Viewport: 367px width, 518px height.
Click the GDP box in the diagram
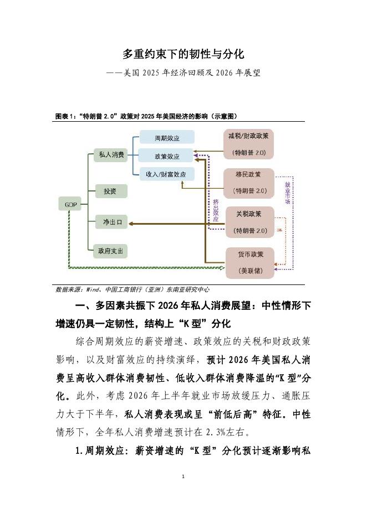click(x=70, y=205)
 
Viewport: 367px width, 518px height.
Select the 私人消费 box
click(x=111, y=155)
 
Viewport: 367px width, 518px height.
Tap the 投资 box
click(x=111, y=191)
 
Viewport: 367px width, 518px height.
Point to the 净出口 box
click(x=111, y=222)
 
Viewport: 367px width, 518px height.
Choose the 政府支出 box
click(x=111, y=251)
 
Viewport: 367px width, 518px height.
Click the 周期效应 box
click(x=166, y=137)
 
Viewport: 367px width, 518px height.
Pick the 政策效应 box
click(x=166, y=156)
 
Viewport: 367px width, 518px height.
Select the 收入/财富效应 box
click(x=166, y=174)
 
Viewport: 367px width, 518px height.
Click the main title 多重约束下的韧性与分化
click(x=183, y=54)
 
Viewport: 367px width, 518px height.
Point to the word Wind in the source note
click(x=92, y=289)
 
